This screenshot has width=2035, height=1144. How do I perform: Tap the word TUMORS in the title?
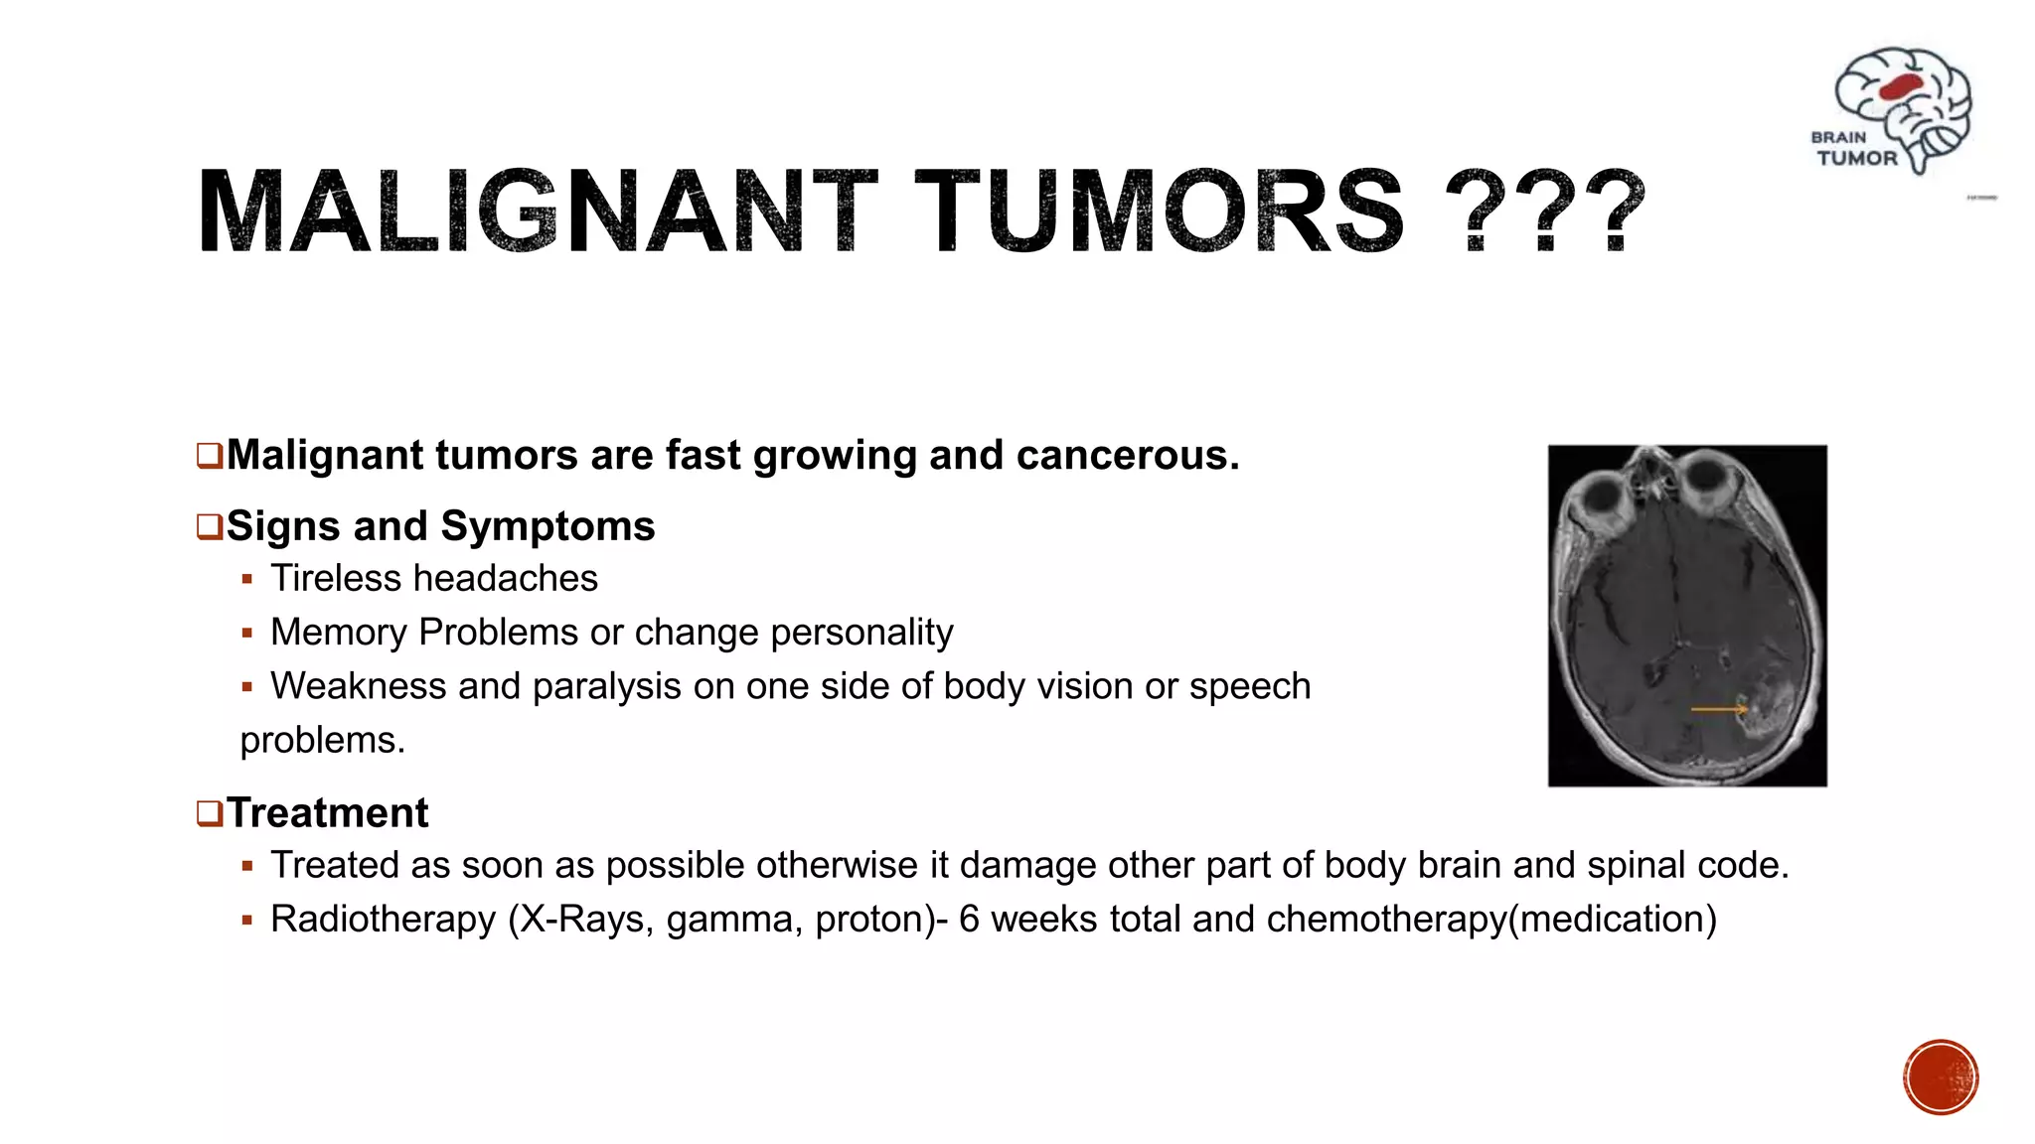pyautogui.click(x=1159, y=211)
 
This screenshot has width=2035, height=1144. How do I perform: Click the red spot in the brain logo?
pyautogui.click(x=1901, y=87)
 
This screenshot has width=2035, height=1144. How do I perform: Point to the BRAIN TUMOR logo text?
pyautogui.click(x=1855, y=149)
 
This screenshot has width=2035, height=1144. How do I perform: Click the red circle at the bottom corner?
pyautogui.click(x=1941, y=1077)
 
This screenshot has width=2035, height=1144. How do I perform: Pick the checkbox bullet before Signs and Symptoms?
pyautogui.click(x=209, y=526)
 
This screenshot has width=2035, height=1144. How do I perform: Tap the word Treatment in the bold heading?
pyautogui.click(x=327, y=813)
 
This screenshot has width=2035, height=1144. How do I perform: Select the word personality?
pyautogui.click(x=861, y=633)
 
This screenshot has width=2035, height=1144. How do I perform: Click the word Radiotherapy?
pyautogui.click(x=383, y=920)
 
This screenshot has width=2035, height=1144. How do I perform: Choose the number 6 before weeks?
pyautogui.click(x=969, y=920)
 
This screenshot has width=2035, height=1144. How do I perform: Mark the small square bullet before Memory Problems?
pyautogui.click(x=247, y=633)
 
